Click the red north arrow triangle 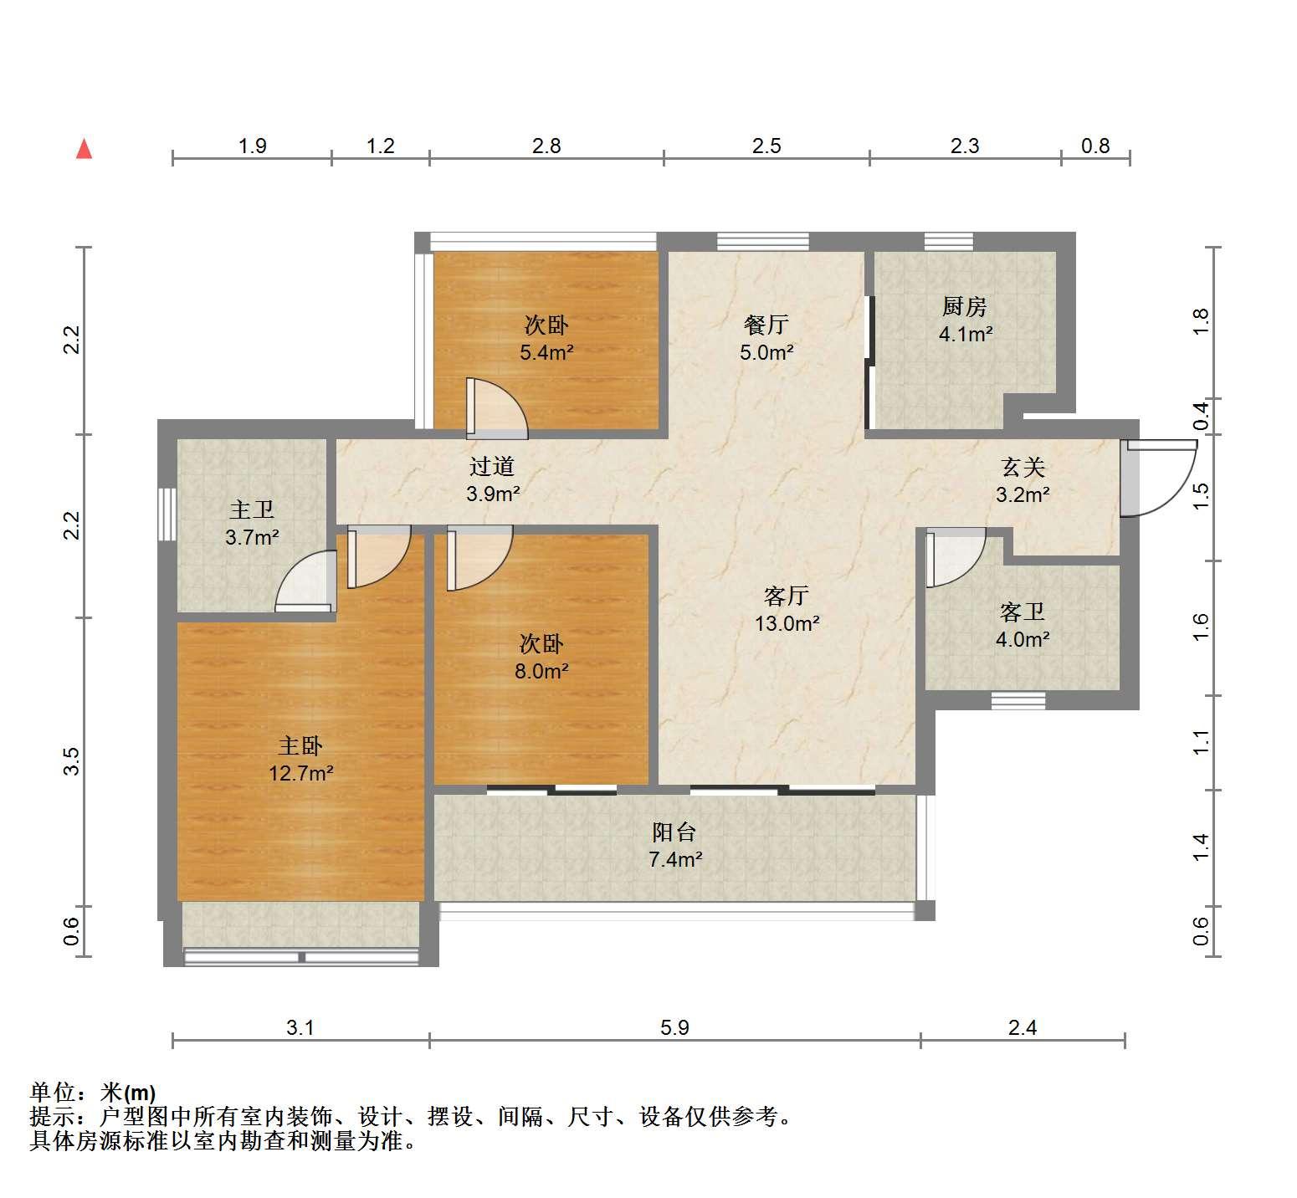pyautogui.click(x=84, y=149)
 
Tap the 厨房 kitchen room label pyautogui.click(x=965, y=307)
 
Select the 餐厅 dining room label pyautogui.click(x=766, y=325)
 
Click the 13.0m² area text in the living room pyautogui.click(x=787, y=623)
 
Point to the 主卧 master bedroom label pyautogui.click(x=300, y=745)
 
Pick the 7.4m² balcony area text pyautogui.click(x=675, y=859)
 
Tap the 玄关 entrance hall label pyautogui.click(x=1023, y=467)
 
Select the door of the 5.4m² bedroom pyautogui.click(x=497, y=408)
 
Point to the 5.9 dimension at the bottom pyautogui.click(x=674, y=1027)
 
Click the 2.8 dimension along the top pyautogui.click(x=546, y=146)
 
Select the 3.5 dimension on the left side pyautogui.click(x=72, y=760)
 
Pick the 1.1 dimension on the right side pyautogui.click(x=1201, y=742)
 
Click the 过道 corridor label pyautogui.click(x=492, y=466)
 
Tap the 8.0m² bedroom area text pyautogui.click(x=541, y=671)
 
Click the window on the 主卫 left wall pyautogui.click(x=167, y=515)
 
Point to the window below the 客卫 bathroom pyautogui.click(x=1018, y=700)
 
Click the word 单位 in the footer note pyautogui.click(x=53, y=1093)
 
